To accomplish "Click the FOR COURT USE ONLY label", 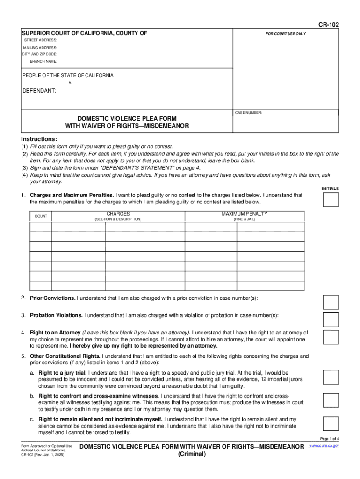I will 286,34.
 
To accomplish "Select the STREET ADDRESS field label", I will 40,41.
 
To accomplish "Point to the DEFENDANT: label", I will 39,91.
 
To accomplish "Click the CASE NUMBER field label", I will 249,113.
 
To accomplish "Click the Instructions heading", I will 39,139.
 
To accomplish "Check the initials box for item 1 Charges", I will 331,199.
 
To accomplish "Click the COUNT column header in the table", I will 41,216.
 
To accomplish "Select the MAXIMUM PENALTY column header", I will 245,214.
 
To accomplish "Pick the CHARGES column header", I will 118,214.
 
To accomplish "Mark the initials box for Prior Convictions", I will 331,302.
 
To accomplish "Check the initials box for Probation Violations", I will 331,319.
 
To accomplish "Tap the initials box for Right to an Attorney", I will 331,337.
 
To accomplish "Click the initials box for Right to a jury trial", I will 331,377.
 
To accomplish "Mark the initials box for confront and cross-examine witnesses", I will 331,400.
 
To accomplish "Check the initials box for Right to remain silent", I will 331,423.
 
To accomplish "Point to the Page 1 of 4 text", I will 329,438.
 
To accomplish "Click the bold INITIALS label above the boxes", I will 330,189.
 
